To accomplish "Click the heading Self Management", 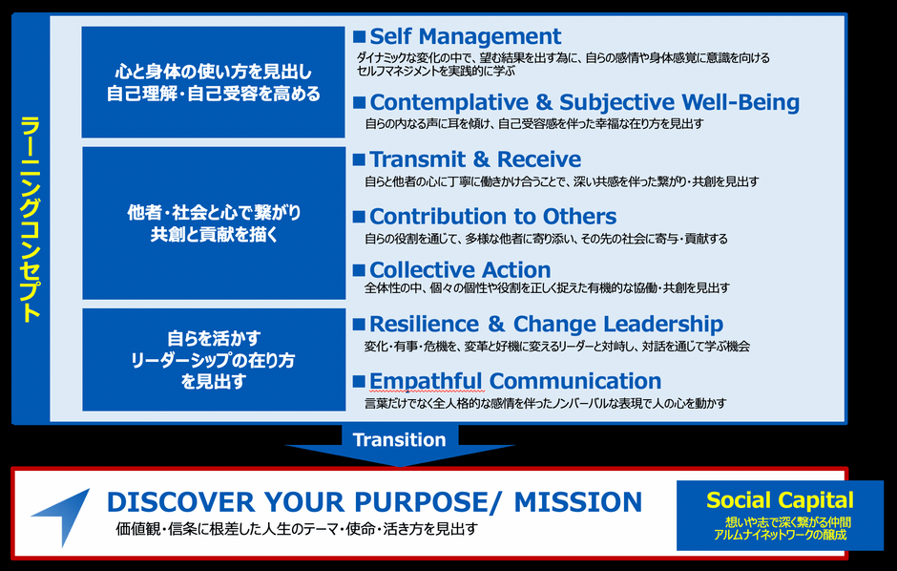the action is click(x=465, y=36).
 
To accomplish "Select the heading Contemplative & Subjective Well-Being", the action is click(x=584, y=102).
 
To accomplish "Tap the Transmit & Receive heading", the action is click(x=475, y=159).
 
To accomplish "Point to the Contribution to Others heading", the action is click(x=492, y=216).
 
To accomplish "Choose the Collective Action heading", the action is click(x=460, y=269).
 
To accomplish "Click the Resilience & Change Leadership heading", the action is click(x=546, y=324).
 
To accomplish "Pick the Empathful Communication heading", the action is click(x=515, y=381).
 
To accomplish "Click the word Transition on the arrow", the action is click(x=399, y=439).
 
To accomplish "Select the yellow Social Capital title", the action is click(x=780, y=500).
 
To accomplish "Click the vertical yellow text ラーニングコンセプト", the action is click(x=31, y=219).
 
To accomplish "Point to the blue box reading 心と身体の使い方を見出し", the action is click(x=214, y=82).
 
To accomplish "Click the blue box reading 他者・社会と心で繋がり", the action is click(x=214, y=223).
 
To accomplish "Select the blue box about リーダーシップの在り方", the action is click(x=214, y=359).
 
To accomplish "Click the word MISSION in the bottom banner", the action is click(x=577, y=501).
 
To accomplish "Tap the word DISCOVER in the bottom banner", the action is click(x=180, y=501).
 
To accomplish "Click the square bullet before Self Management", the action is click(x=359, y=37).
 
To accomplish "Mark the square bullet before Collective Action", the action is click(x=359, y=270).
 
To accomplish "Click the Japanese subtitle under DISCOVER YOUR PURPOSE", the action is click(x=297, y=529).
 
